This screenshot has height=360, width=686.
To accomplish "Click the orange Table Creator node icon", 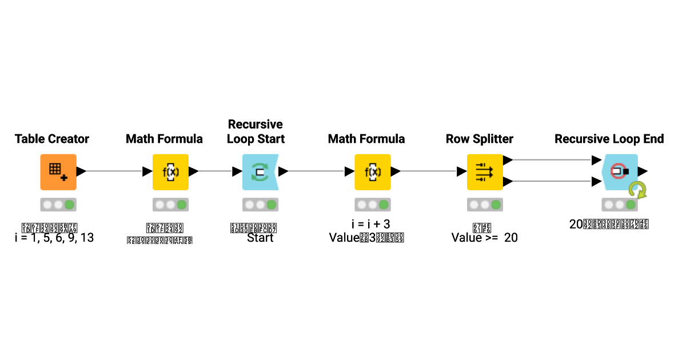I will pos(58,171).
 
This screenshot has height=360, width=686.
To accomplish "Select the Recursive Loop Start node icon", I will pos(260,171).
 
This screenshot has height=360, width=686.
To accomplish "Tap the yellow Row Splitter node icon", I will pos(485,171).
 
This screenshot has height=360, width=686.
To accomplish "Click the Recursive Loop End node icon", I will pos(620,171).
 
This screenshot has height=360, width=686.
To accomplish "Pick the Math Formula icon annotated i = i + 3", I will pos(372,171).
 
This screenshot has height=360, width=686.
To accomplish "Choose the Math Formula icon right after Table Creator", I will pos(170,171).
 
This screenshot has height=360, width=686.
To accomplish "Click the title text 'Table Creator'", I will pos(52,139).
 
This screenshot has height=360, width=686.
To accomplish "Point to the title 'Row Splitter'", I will pos(479,139).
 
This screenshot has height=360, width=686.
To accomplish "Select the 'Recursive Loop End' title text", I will pos(609,139).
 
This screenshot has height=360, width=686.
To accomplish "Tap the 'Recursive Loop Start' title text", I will pos(256,131).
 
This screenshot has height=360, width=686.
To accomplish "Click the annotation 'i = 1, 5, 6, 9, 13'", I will pos(54,238).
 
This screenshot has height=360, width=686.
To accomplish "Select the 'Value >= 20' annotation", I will pos(484,238).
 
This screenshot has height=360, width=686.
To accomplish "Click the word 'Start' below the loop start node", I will pos(260,238).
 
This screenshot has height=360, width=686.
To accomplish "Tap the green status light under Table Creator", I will pos(70,205).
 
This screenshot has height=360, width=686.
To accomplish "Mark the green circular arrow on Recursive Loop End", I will pos(637,190).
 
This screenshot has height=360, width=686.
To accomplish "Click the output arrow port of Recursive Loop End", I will pos(643,171).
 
